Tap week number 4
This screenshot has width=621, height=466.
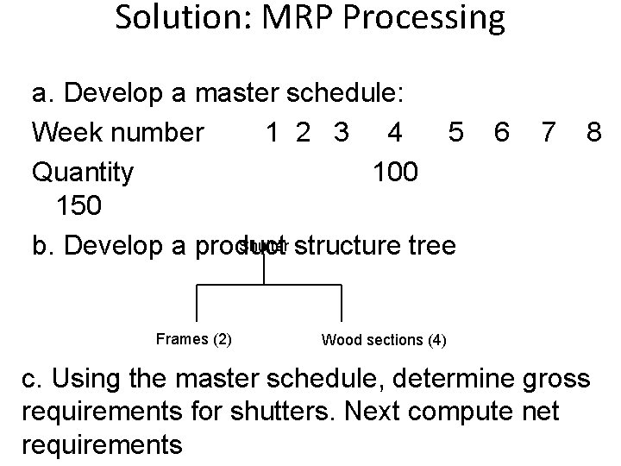click(x=395, y=133)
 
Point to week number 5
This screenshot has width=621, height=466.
click(x=457, y=133)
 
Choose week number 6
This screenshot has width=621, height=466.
click(x=500, y=133)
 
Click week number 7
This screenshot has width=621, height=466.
click(x=546, y=133)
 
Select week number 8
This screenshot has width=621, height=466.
click(x=593, y=133)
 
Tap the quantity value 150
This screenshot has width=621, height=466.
click(x=80, y=207)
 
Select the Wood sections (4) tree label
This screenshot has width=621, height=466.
click(x=384, y=339)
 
